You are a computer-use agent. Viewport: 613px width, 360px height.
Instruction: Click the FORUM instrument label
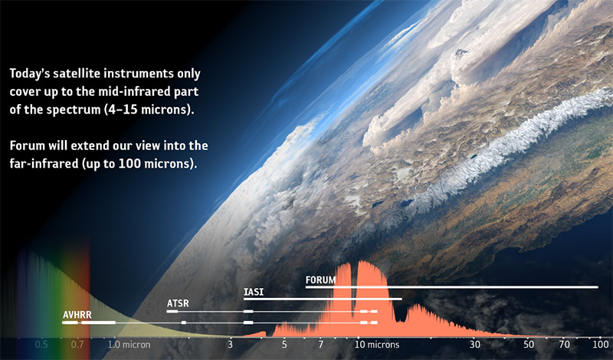tap(320, 280)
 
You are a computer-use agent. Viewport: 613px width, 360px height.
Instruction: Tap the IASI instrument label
tap(254, 292)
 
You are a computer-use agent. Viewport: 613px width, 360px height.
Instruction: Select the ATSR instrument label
tap(178, 303)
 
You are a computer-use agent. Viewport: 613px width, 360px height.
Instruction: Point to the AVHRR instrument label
tap(77, 315)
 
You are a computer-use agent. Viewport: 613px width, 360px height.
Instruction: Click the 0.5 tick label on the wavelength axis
tap(41, 345)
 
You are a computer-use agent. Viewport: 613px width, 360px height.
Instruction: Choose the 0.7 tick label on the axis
tap(77, 345)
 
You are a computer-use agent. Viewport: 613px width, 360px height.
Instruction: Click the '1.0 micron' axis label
tap(129, 345)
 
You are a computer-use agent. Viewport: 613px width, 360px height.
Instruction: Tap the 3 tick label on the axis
tap(231, 345)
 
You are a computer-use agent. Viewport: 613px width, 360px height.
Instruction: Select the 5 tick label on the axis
tap(284, 345)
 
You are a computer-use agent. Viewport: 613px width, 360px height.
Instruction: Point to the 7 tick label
tap(320, 345)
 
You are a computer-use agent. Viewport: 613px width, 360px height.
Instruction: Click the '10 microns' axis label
tap(377, 345)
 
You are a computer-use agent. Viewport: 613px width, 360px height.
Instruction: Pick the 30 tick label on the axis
tap(474, 345)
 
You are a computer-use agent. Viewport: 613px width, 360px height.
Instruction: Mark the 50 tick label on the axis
tap(529, 345)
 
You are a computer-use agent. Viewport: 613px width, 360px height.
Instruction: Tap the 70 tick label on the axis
tap(564, 345)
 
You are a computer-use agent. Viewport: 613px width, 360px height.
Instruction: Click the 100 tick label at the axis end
tap(601, 345)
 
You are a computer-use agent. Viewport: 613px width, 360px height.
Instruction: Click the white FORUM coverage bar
tap(451, 287)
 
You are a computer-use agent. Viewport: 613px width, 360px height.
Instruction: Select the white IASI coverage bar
tap(323, 299)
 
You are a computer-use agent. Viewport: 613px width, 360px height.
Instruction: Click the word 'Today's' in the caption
tap(30, 74)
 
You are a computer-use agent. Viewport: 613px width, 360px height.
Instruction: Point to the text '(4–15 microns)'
tap(149, 110)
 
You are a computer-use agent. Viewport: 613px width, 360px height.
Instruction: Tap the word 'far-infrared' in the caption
tap(44, 163)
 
